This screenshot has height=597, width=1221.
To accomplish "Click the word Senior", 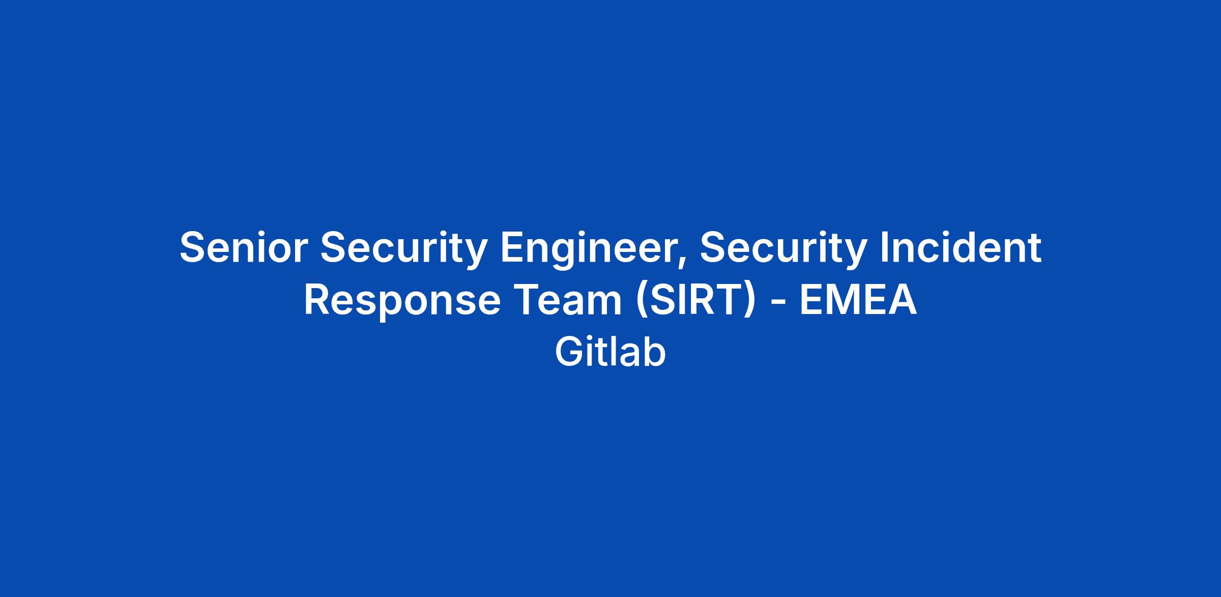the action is [x=244, y=247].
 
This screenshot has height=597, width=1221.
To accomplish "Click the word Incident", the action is [x=961, y=247].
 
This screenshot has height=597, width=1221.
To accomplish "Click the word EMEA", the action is [x=858, y=300].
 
